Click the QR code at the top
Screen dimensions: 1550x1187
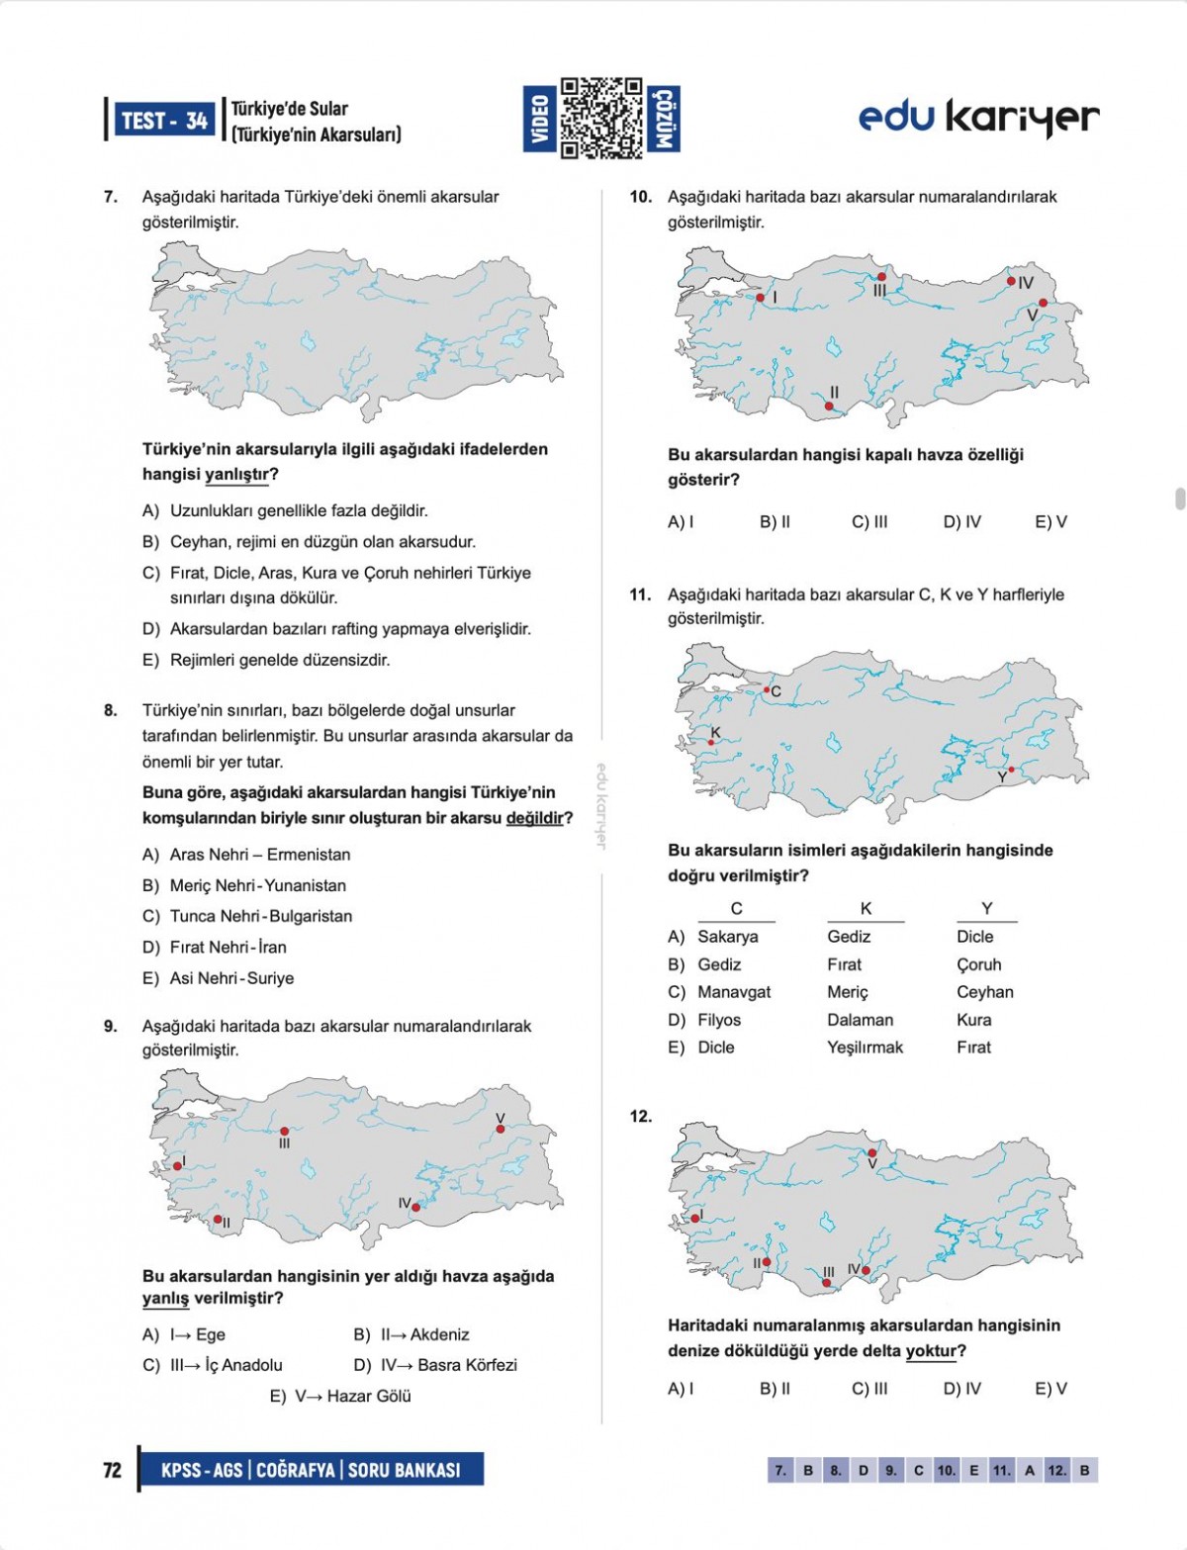tap(601, 119)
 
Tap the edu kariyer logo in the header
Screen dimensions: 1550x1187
tap(978, 119)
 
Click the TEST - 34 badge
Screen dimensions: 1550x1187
tap(164, 121)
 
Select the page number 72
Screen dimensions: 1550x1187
tap(113, 1470)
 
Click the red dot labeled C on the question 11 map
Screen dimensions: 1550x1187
tap(766, 689)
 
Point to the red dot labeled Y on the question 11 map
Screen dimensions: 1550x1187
tap(1011, 769)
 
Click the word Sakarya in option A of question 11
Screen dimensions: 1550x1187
tap(728, 937)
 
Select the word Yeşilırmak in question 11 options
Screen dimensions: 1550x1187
tap(865, 1048)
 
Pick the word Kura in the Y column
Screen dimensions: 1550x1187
tap(973, 1020)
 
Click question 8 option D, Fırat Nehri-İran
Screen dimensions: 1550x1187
tap(228, 947)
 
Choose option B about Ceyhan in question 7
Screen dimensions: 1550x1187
tap(322, 542)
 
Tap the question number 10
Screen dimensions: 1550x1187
tap(640, 197)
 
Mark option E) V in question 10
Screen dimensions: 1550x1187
tap(1050, 521)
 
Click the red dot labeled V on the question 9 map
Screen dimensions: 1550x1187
tap(501, 1129)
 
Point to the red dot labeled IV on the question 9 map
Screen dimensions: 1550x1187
tap(416, 1207)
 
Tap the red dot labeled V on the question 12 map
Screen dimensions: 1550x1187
tap(871, 1152)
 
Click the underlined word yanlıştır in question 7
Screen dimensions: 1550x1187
tap(236, 475)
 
